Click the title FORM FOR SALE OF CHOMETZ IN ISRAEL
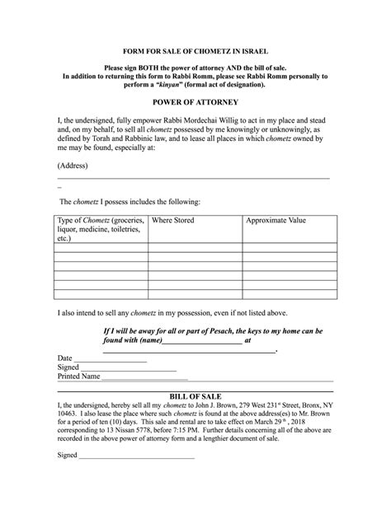(x=195, y=51)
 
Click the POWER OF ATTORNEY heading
(x=195, y=101)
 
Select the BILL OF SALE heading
(x=195, y=396)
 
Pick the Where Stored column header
(x=173, y=221)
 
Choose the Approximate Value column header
(x=276, y=221)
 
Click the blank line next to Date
(x=111, y=360)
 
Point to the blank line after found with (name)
(x=201, y=340)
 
